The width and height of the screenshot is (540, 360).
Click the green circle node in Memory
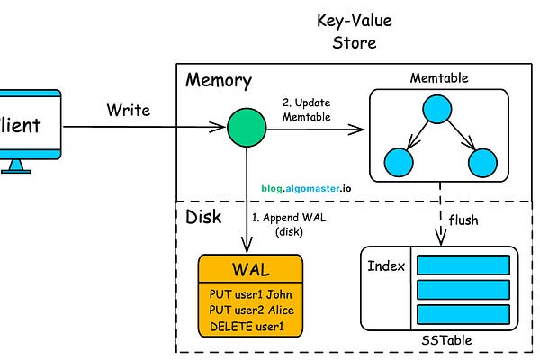click(246, 128)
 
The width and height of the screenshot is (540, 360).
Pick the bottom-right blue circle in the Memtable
click(482, 163)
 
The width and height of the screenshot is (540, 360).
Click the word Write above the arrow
click(129, 111)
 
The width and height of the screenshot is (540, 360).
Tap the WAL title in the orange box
click(250, 270)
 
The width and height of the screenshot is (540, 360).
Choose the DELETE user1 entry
click(250, 326)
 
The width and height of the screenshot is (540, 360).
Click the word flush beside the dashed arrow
click(464, 220)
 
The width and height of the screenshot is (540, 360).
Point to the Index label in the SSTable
click(387, 266)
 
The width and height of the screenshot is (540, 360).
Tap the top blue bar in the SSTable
click(463, 266)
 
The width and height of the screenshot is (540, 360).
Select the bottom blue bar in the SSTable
click(463, 314)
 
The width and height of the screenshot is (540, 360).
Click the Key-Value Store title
click(346, 31)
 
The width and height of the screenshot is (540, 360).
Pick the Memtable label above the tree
click(438, 78)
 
